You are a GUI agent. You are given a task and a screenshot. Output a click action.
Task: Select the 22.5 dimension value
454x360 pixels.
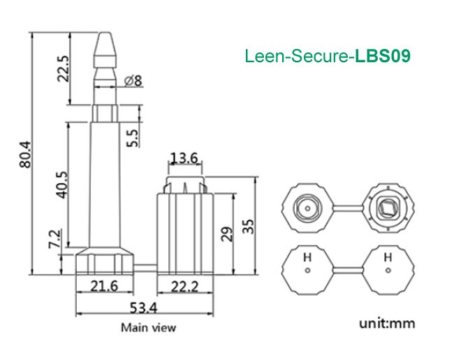click(63, 69)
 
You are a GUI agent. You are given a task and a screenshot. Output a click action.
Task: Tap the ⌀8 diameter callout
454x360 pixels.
click(133, 81)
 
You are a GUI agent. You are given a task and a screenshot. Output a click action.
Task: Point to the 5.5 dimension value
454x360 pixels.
click(132, 133)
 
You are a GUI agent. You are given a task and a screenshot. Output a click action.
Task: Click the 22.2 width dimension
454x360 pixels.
click(184, 286)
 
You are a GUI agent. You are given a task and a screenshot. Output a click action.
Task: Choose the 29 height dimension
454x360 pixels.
click(226, 233)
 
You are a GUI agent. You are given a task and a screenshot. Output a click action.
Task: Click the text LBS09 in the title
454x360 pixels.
click(382, 56)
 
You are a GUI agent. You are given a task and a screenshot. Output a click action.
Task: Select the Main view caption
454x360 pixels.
click(149, 327)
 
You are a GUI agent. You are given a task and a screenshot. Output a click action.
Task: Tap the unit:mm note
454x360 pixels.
click(387, 324)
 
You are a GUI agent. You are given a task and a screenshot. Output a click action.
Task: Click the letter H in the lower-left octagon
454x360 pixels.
click(306, 257)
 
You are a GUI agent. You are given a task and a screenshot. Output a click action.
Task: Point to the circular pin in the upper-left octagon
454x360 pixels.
click(305, 207)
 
